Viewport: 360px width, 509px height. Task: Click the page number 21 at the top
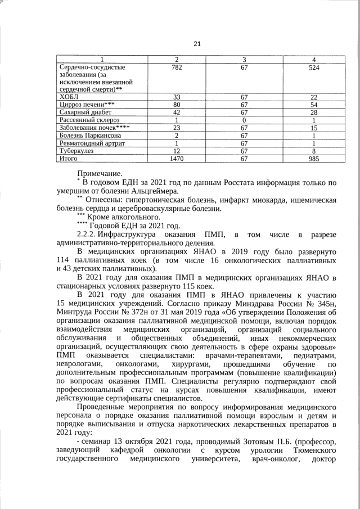(x=181, y=44)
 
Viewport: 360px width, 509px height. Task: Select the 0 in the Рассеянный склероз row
(x=244, y=120)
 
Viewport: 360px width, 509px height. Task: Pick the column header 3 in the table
(x=244, y=60)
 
